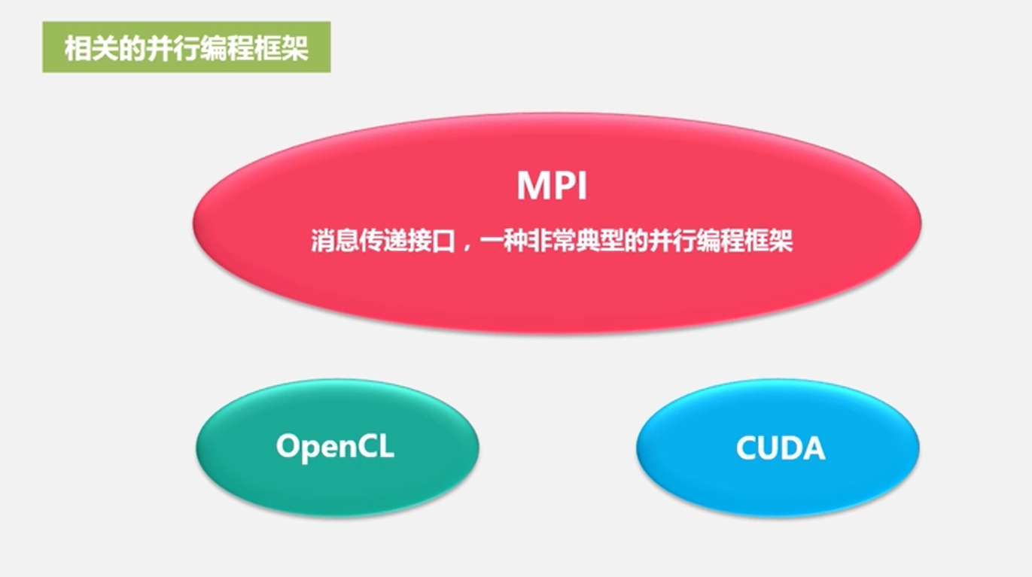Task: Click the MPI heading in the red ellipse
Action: coord(552,185)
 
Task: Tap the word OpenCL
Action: coord(335,447)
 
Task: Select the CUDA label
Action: coord(780,448)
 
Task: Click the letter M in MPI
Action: coord(534,185)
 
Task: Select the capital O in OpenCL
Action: coord(288,447)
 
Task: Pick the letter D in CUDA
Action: coord(790,448)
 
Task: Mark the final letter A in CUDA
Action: coord(813,448)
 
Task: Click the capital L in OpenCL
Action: coord(386,447)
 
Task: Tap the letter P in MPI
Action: coord(566,185)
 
